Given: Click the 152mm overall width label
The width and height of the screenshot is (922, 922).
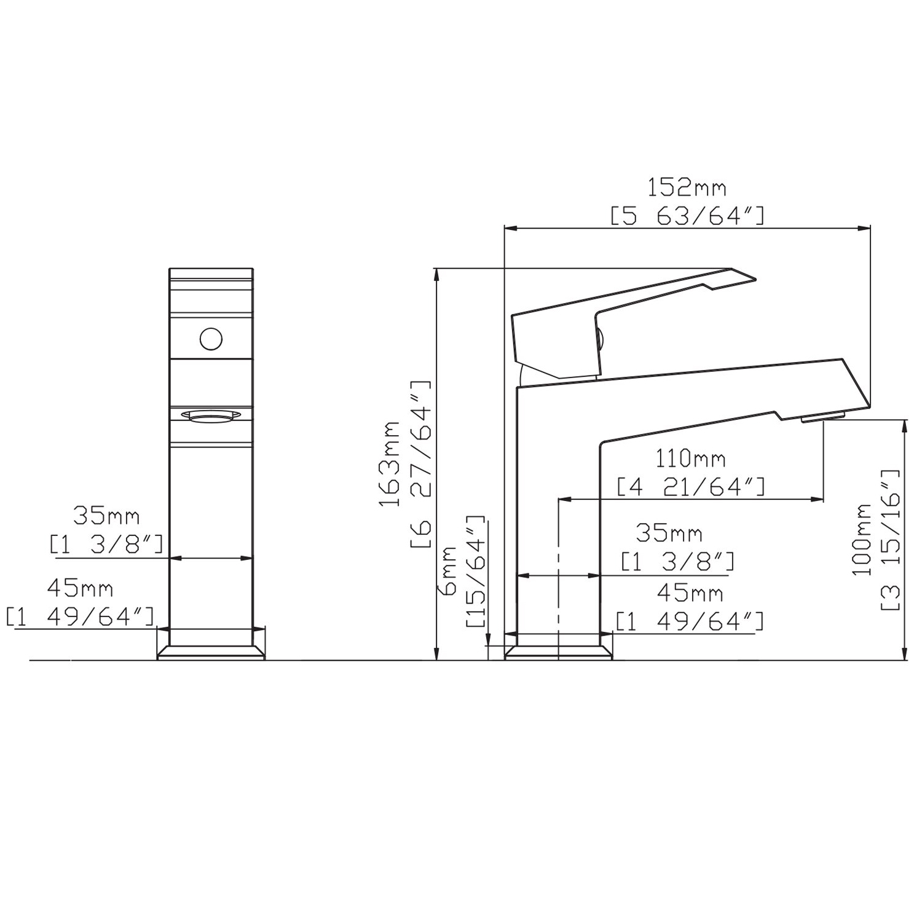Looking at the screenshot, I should (x=687, y=187).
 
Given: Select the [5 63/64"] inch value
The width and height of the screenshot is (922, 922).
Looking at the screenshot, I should (x=687, y=216).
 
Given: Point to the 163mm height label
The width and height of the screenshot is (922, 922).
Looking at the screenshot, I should (x=388, y=463).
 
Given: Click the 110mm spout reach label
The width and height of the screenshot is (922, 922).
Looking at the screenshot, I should (x=690, y=459).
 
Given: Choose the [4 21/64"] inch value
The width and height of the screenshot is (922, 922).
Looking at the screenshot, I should (x=690, y=486).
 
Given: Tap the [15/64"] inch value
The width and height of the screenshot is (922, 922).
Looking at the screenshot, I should (x=476, y=570).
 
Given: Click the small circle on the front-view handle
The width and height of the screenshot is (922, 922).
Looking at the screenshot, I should (x=211, y=339).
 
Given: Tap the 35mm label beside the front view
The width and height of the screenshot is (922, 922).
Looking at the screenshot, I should (x=106, y=516).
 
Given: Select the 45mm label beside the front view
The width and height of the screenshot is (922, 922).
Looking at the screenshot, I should (x=80, y=589).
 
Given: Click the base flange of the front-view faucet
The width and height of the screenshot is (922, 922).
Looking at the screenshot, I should (x=211, y=653).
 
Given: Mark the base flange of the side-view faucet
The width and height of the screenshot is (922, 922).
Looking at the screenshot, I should (x=558, y=653).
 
